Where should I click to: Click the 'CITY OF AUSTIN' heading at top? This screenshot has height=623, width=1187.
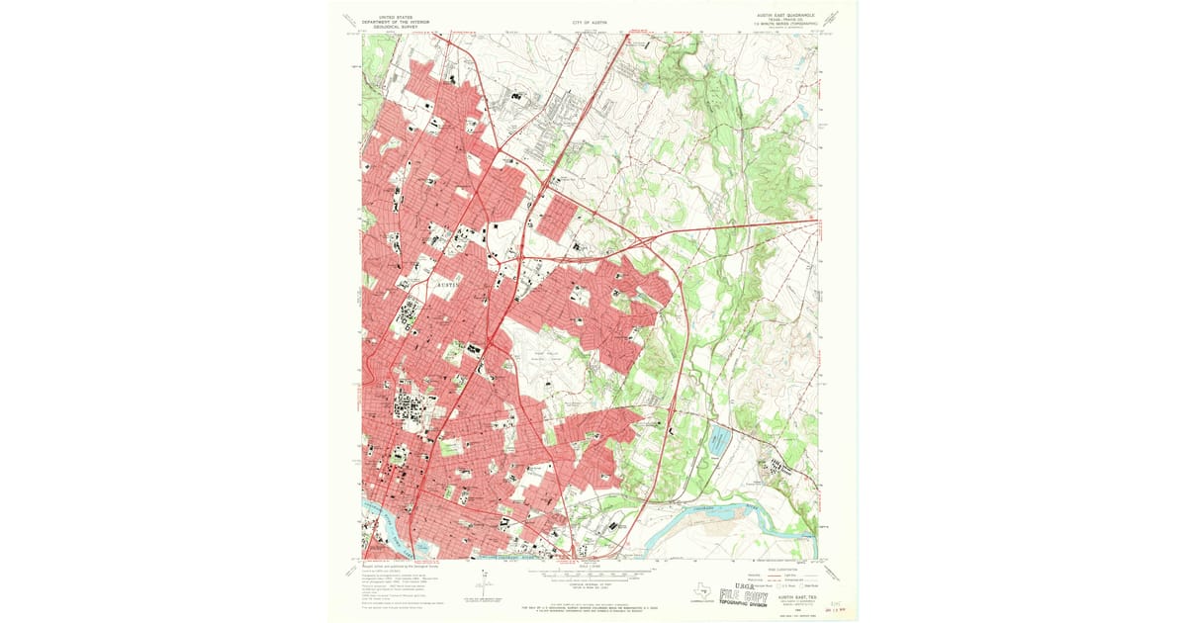[x=592, y=21]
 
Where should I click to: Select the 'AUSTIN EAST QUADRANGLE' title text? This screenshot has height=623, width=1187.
[x=785, y=15]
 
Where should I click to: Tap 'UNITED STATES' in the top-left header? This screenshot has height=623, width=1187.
[x=390, y=15]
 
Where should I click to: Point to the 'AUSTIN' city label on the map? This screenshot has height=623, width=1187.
[x=450, y=284]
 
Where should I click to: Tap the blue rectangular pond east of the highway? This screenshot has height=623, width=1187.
[x=717, y=441]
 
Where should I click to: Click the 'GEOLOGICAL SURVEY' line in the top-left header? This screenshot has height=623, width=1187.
[x=390, y=27]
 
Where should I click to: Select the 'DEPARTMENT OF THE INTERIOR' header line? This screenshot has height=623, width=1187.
[x=390, y=21]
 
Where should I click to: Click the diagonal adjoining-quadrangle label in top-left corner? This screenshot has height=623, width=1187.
[x=348, y=19]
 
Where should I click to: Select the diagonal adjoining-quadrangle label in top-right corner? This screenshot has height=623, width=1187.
[x=834, y=19]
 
